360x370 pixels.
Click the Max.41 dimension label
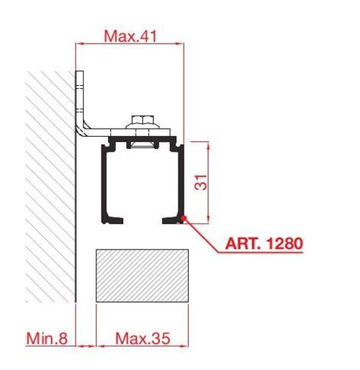[x=130, y=36]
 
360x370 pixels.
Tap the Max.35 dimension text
[x=143, y=338]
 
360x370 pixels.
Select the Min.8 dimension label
[x=47, y=338]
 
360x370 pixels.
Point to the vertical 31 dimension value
[x=201, y=182]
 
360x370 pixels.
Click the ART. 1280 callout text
[x=264, y=243]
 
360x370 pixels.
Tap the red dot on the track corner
[x=183, y=218]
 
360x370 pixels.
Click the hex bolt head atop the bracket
[x=143, y=120]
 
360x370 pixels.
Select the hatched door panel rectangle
[x=142, y=275]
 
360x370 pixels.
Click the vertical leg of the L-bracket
[x=79, y=98]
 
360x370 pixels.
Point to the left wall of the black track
[x=104, y=183]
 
